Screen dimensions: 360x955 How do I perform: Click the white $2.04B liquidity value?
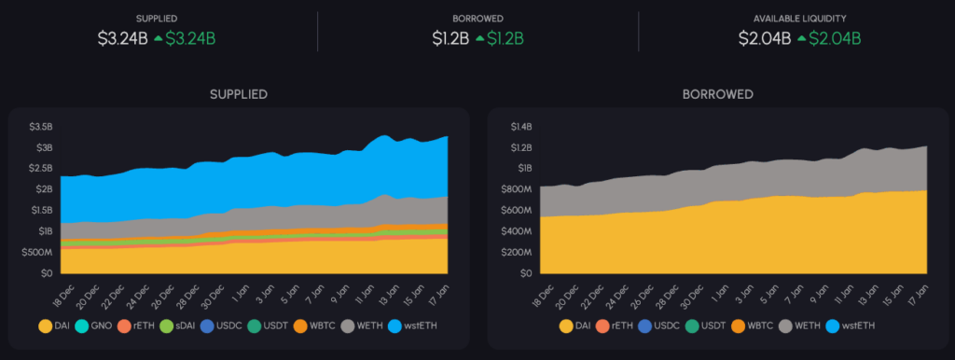(765, 38)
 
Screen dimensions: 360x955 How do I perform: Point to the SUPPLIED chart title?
(238, 94)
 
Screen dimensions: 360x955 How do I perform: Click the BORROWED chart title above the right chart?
(716, 94)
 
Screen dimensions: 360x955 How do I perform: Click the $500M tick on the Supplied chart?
(36, 253)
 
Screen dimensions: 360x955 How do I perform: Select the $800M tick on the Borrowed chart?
(516, 189)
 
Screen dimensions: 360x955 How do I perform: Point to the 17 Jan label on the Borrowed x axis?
(921, 291)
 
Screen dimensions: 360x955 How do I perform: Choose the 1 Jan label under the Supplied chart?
(240, 291)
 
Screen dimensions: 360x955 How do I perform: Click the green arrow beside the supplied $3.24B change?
(159, 38)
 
